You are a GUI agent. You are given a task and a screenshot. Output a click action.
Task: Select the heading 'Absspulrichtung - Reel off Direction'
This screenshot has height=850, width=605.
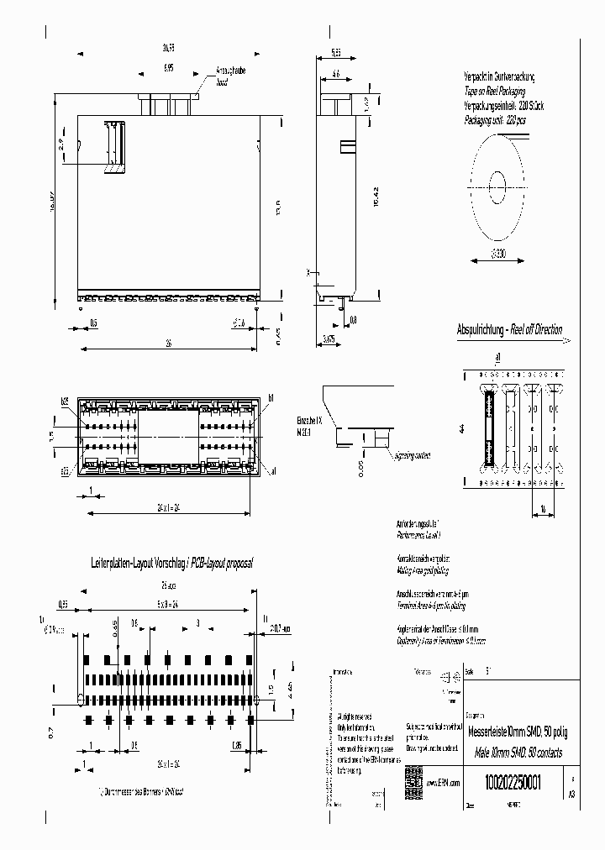[x=508, y=329]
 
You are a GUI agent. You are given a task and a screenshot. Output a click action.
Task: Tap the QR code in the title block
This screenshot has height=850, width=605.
[x=413, y=779]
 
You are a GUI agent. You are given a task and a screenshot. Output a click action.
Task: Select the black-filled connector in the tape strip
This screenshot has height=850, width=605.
[x=487, y=428]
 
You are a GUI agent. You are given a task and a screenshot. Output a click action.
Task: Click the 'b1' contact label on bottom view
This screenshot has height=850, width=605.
[x=271, y=396]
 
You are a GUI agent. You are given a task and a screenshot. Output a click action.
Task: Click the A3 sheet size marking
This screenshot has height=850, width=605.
[x=573, y=792]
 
